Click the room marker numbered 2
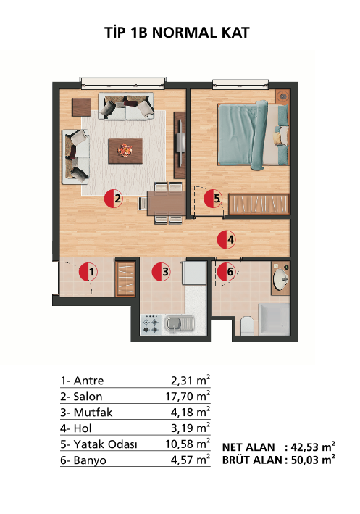coord(113,199)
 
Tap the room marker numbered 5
coord(213,199)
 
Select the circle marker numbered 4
coord(227,239)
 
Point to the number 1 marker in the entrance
coord(88,272)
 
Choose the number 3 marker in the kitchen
coord(161,271)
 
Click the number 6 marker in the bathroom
coord(227,271)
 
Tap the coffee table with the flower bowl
coord(125,151)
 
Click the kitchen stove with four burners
coord(151,325)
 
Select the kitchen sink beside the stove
coord(179,324)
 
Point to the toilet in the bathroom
coord(247,326)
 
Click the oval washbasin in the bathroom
coord(281,279)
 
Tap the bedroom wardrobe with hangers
coord(259,204)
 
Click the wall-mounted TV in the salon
coord(180,144)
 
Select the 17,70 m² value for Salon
coord(188,396)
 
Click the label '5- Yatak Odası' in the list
coord(99,444)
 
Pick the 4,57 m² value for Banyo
coord(191,460)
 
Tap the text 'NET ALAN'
coord(248,447)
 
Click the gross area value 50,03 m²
coord(313,460)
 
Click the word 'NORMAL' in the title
coord(185,33)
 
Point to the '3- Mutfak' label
coord(86,412)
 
